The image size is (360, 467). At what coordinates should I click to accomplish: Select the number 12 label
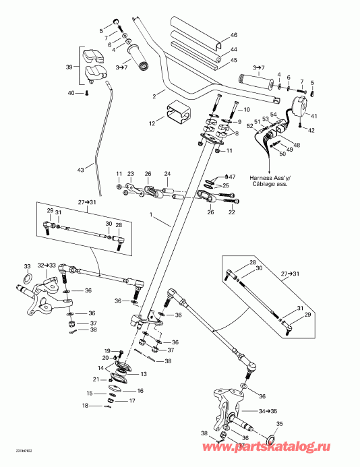152,123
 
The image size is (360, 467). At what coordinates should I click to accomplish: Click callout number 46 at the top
234,35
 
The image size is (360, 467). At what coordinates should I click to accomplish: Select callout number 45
234,60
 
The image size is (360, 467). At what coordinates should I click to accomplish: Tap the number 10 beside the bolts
246,109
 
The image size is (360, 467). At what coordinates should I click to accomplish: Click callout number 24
168,172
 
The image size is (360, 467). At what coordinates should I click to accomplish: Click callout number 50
282,154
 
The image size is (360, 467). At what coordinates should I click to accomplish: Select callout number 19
107,350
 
